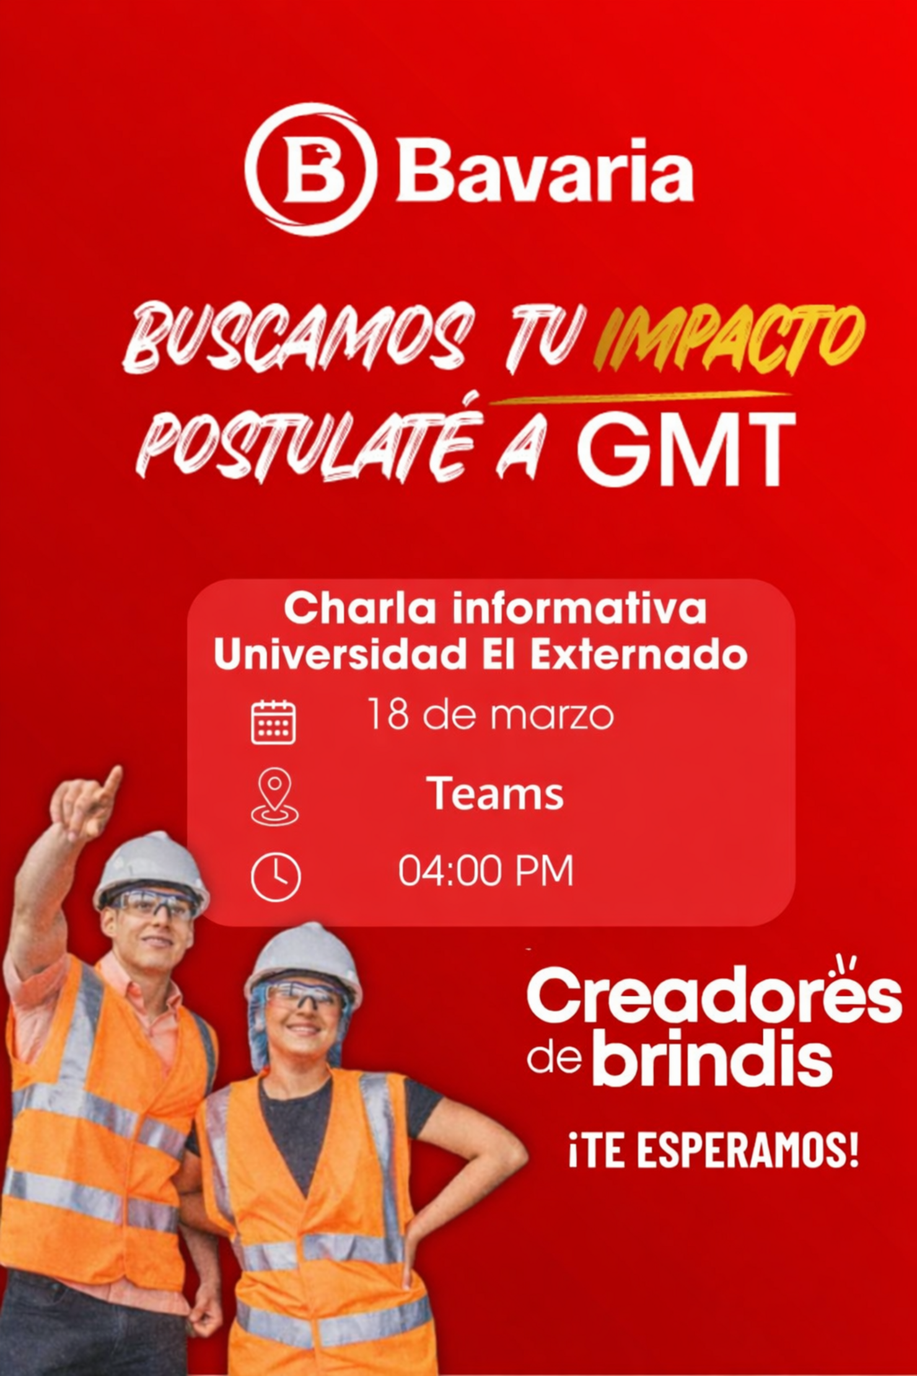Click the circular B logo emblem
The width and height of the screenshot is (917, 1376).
click(310, 169)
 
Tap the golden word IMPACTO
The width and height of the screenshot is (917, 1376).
click(729, 340)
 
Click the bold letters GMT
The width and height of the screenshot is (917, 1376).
click(685, 447)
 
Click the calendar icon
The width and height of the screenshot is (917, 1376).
click(273, 721)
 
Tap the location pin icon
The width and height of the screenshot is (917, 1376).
click(274, 796)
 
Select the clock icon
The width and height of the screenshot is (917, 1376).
click(276, 878)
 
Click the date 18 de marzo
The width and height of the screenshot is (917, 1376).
click(490, 715)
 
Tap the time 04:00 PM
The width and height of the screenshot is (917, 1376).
click(486, 871)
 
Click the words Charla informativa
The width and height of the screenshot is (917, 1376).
click(495, 609)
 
